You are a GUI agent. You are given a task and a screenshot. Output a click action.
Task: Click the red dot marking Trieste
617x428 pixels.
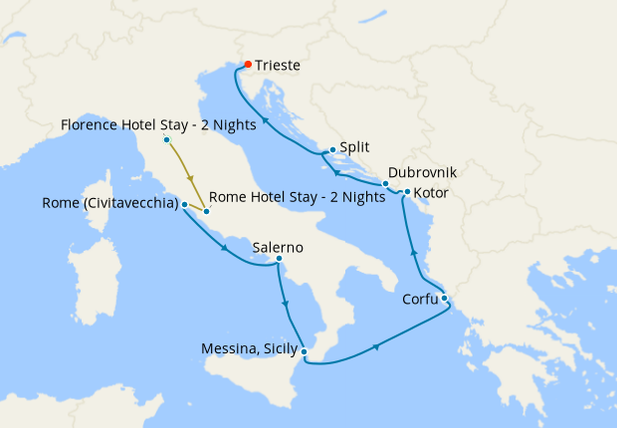click(248, 66)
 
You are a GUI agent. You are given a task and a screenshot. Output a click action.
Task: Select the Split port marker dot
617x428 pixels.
click(332, 150)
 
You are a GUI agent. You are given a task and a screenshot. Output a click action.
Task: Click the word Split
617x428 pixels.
click(354, 146)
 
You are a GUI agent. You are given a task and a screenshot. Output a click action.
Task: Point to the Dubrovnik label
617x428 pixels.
click(422, 172)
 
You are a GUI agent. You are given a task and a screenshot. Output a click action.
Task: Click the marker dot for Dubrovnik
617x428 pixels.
click(385, 184)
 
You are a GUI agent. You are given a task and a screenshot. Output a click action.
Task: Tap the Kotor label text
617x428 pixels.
click(430, 192)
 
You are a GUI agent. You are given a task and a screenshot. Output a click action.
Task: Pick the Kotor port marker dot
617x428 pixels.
click(407, 191)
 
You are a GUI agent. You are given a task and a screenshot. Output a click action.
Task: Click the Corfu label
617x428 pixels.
click(418, 299)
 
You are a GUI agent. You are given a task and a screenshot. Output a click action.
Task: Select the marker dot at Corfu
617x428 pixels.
click(444, 298)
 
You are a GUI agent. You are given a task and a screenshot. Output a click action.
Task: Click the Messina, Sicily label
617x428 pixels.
click(249, 348)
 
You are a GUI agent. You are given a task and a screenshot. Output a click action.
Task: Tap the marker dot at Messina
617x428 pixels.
click(305, 351)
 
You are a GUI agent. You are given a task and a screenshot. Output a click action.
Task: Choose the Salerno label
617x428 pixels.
click(278, 248)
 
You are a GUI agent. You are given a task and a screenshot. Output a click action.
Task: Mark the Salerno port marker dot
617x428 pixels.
click(279, 260)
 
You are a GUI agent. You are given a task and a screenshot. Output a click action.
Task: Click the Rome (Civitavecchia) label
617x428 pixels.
click(110, 203)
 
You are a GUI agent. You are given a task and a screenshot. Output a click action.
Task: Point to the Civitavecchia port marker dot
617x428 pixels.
click(185, 204)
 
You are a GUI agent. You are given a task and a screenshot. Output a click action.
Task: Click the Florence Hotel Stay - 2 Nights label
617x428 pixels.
click(158, 125)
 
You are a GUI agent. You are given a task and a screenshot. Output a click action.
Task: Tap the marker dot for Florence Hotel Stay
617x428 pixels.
click(166, 139)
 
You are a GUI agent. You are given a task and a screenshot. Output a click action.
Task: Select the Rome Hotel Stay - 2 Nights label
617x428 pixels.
click(298, 197)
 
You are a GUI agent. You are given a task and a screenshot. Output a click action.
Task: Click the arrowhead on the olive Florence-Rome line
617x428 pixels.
click(189, 178)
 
